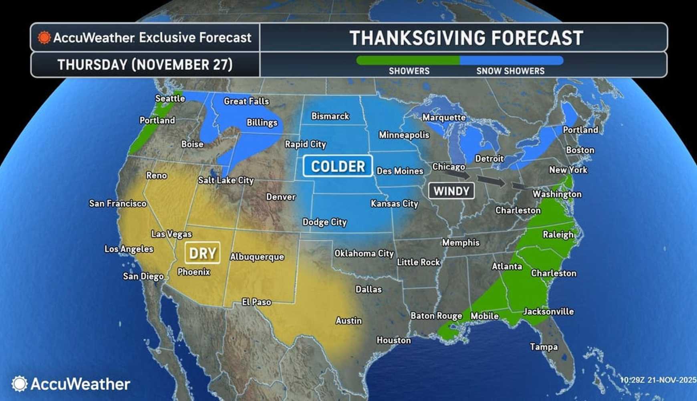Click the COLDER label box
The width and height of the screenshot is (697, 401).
(338, 166)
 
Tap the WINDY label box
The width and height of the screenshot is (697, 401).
(451, 191)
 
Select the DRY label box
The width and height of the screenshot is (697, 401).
(202, 253)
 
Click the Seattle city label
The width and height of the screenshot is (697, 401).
(170, 98)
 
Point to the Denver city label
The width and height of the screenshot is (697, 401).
(281, 197)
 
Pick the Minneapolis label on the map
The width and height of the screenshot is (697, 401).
(404, 135)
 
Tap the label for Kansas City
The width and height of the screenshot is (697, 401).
(394, 204)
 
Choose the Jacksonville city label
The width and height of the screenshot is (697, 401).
(548, 311)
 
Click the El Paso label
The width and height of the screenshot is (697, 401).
(256, 302)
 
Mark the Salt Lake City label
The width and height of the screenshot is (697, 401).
(226, 180)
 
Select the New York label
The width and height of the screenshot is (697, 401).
(568, 170)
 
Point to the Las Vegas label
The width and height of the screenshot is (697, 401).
(171, 234)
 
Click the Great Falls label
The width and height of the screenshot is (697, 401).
(246, 101)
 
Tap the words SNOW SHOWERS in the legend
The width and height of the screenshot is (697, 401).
(510, 71)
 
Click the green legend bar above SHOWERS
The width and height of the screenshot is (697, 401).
(408, 61)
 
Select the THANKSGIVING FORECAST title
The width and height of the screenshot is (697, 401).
(466, 38)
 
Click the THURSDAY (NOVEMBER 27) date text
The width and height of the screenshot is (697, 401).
(145, 65)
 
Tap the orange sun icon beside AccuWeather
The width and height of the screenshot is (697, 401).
(44, 38)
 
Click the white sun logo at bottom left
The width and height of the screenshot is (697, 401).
(19, 384)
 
